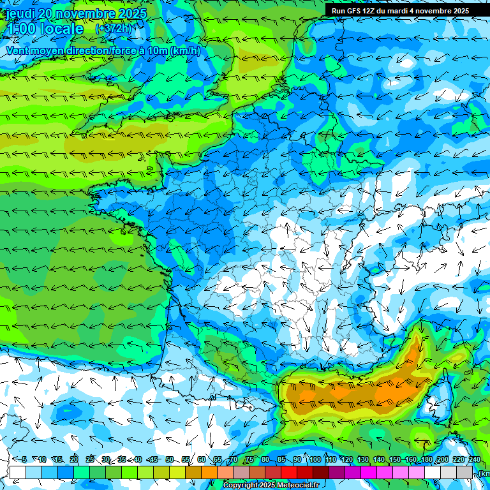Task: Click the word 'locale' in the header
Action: tap(59, 29)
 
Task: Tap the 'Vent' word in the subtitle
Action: tap(18, 50)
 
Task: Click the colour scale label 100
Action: tap(315, 460)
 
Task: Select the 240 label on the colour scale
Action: tap(474, 460)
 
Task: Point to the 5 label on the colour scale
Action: tap(24, 460)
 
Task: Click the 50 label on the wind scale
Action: tap(170, 460)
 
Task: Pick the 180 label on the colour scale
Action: tap(426, 460)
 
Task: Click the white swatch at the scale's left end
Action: tap(18, 472)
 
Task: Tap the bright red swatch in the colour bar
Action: tap(289, 472)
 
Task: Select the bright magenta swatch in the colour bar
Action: tap(369, 472)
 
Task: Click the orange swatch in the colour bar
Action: tap(209, 472)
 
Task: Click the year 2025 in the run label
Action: tap(458, 11)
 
